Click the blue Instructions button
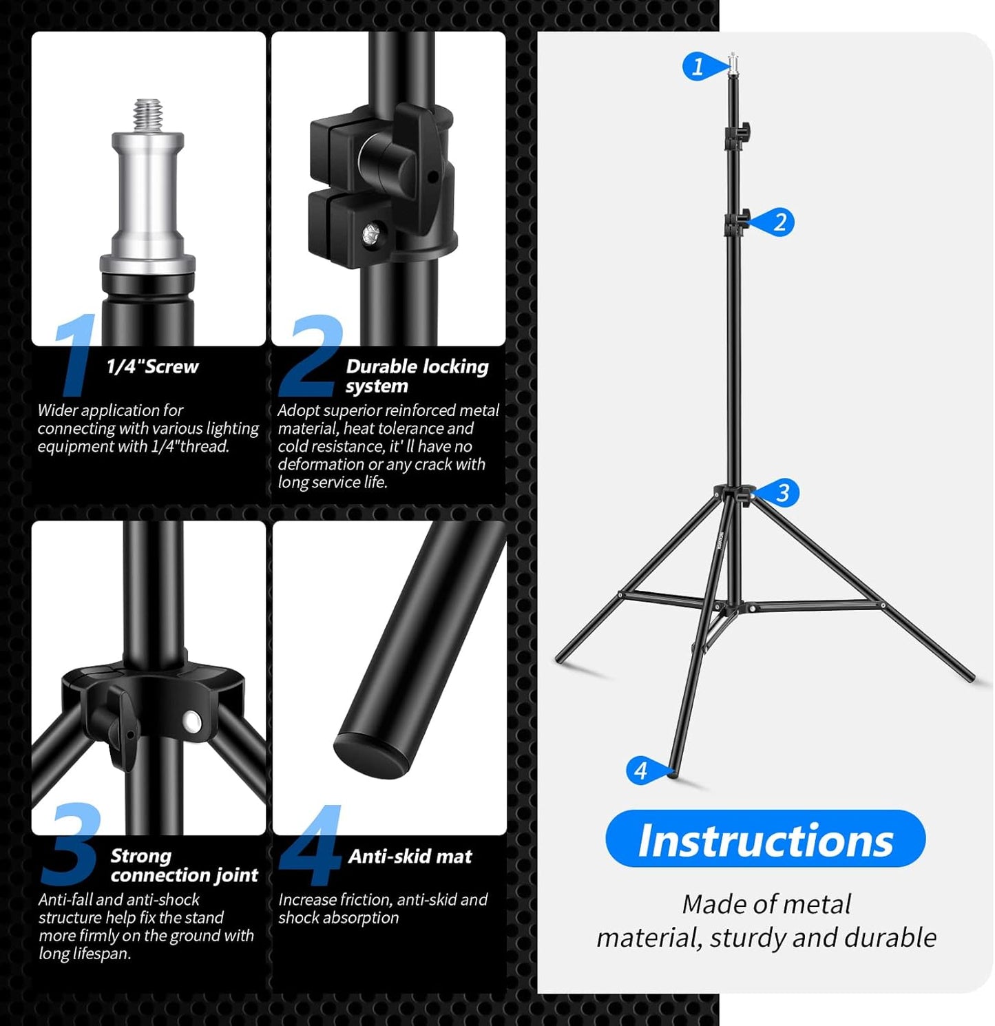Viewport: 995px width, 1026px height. tap(765, 839)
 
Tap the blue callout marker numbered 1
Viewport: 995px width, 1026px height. tap(700, 67)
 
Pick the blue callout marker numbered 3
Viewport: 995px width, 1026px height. tap(781, 493)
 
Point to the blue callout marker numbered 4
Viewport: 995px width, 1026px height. tap(642, 770)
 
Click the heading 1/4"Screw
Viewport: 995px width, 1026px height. tap(152, 366)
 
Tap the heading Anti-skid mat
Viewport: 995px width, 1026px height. tap(410, 856)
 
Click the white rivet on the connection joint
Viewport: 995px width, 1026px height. tap(192, 722)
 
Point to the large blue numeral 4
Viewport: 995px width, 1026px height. tap(311, 845)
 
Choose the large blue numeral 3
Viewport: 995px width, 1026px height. tap(70, 844)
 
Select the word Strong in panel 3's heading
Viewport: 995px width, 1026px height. tap(140, 856)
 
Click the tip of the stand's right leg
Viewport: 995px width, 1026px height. tap(971, 678)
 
